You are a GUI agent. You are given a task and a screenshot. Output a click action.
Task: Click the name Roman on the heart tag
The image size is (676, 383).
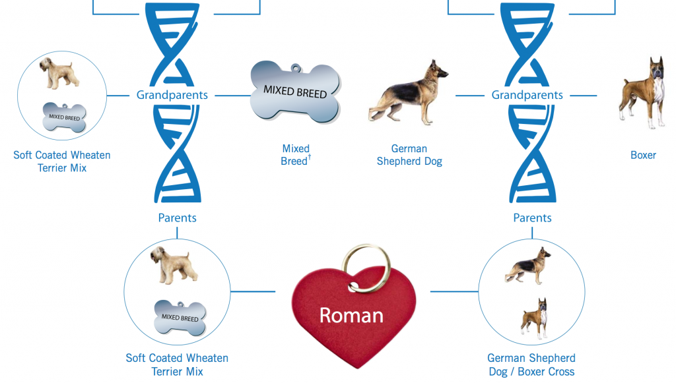coord(351,315)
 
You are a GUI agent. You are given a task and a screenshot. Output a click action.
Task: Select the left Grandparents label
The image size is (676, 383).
coord(172,95)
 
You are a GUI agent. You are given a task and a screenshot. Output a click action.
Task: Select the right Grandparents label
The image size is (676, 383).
coord(527,95)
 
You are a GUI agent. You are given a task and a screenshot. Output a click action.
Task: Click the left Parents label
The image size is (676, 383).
coord(177,218)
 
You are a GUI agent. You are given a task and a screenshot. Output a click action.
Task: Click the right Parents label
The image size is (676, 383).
coord(532,218)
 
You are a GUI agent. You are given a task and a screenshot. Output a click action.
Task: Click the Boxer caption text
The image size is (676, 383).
coord(643,155)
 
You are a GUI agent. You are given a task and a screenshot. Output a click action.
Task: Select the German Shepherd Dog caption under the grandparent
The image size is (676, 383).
coord(409,155)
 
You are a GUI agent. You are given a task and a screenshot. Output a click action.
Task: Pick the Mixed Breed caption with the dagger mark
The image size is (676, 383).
coord(295,155)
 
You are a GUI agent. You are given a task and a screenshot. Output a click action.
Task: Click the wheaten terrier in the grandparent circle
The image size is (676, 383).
coord(60,73)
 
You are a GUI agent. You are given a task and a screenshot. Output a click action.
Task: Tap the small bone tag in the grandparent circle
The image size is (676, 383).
coord(64,117)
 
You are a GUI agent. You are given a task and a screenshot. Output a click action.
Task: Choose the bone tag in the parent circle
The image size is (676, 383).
coord(180,317)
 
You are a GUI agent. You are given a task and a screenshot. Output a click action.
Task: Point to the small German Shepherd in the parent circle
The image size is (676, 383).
coord(528,265)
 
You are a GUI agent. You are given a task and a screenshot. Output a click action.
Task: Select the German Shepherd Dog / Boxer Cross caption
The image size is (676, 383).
coord(531,365)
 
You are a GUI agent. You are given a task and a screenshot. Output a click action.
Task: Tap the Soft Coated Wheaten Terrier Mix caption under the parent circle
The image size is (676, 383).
coord(177,365)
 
